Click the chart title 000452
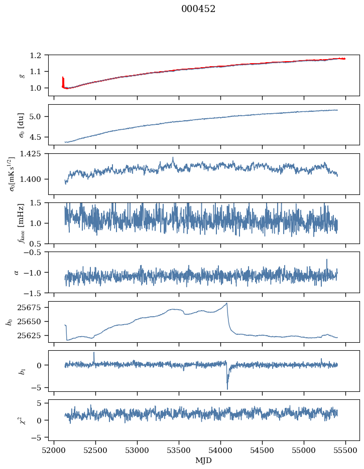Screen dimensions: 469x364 [198, 9]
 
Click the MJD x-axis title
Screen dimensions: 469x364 [204, 460]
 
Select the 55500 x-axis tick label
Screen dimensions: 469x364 [345, 449]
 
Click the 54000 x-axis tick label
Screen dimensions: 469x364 [221, 449]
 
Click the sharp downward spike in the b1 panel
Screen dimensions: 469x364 [227, 388]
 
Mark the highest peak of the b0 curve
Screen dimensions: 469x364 [227, 303]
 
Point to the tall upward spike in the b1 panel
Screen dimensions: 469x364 [94, 353]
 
